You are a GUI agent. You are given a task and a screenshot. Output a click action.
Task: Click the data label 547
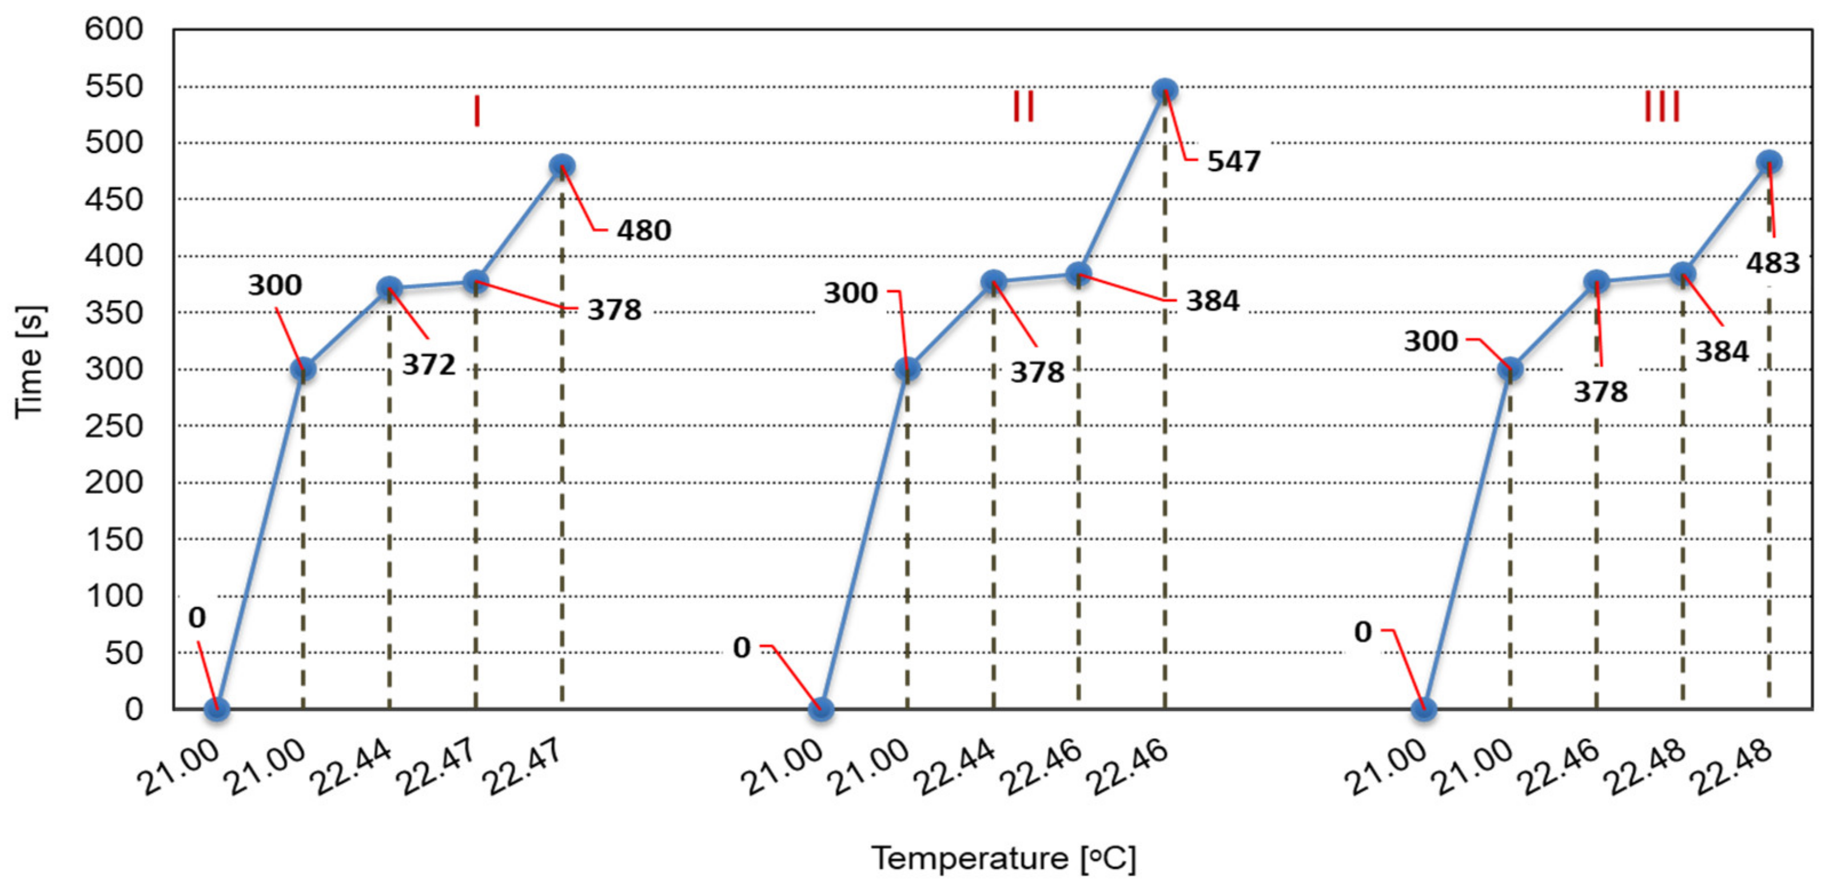(x=1233, y=162)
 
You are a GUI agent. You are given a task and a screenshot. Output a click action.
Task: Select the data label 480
(x=643, y=230)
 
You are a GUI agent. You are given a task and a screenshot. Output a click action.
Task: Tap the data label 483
(x=1772, y=263)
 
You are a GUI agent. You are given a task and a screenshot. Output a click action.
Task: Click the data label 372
(x=429, y=365)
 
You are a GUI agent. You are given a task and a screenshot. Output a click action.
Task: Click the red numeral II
(x=1023, y=107)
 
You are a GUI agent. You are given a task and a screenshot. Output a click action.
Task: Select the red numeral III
(x=1661, y=107)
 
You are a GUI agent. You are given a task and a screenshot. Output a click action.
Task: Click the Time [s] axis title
(x=30, y=361)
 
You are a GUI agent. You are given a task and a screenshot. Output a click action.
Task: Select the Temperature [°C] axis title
(x=1003, y=859)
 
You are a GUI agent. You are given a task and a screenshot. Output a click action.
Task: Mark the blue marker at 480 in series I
(x=562, y=166)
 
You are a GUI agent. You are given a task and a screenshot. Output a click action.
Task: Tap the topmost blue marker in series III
(x=1769, y=162)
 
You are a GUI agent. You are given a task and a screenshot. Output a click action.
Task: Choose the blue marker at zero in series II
(x=820, y=708)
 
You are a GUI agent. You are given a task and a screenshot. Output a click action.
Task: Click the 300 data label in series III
(x=1430, y=341)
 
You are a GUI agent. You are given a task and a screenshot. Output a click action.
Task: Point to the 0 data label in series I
(x=197, y=618)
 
